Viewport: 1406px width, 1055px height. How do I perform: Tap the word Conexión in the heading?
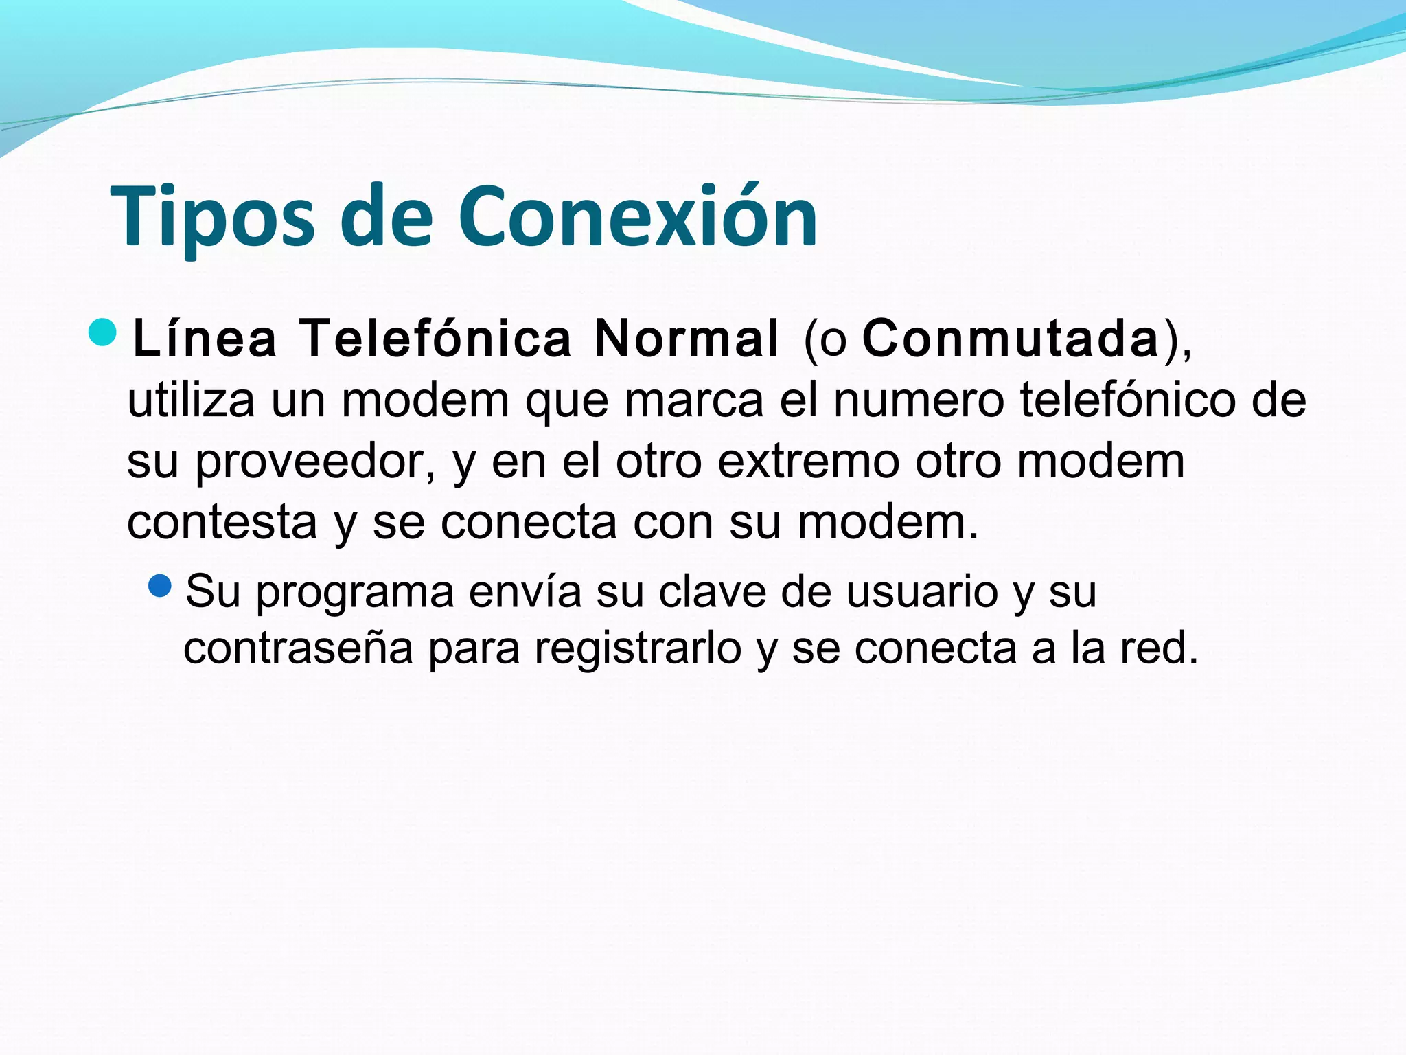click(x=638, y=216)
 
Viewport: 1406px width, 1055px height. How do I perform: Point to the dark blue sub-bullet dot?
click(x=159, y=586)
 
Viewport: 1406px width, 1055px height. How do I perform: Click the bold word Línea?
click(x=205, y=339)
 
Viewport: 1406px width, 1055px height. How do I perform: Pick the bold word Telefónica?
click(x=436, y=339)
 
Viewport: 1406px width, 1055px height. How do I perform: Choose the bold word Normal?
click(x=687, y=339)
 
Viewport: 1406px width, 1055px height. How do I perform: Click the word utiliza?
click(x=191, y=400)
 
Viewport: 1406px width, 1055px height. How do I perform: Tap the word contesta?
click(x=222, y=523)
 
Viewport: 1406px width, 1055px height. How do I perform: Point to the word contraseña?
click(x=299, y=648)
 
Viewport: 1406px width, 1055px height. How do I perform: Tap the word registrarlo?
click(x=638, y=649)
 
